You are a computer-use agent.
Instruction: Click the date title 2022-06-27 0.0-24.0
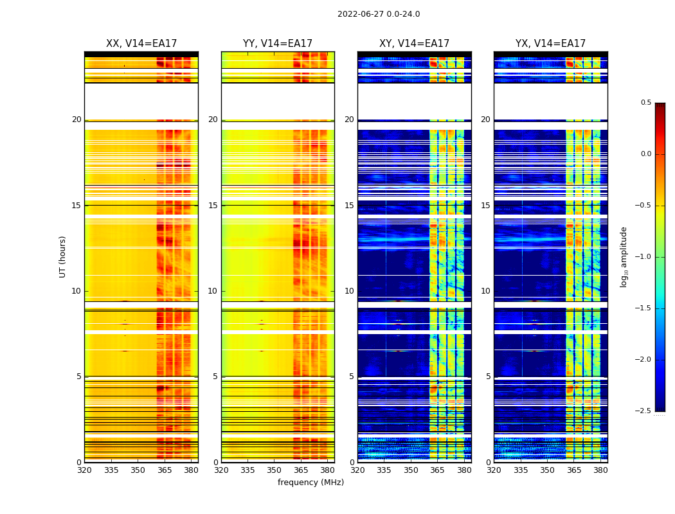pyautogui.click(x=379, y=14)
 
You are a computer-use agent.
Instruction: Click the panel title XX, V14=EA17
pyautogui.click(x=141, y=44)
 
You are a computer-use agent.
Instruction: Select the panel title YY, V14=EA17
pyautogui.click(x=278, y=44)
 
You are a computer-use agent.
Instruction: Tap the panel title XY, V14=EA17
pyautogui.click(x=414, y=44)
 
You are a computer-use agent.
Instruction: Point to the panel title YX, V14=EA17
pyautogui.click(x=550, y=44)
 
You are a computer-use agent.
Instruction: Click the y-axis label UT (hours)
pyautogui.click(x=63, y=256)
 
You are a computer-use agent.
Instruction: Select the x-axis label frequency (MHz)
pyautogui.click(x=310, y=483)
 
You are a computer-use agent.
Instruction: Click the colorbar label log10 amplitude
pyautogui.click(x=624, y=256)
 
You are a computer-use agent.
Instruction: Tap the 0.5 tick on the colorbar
pyautogui.click(x=645, y=103)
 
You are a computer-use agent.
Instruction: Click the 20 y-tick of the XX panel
pyautogui.click(x=76, y=120)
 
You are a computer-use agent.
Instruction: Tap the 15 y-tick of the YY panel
pyautogui.click(x=213, y=206)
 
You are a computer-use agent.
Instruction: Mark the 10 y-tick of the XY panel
pyautogui.click(x=349, y=291)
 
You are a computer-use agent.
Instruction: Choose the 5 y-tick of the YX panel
pyautogui.click(x=488, y=377)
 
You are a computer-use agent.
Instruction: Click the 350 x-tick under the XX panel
pyautogui.click(x=138, y=470)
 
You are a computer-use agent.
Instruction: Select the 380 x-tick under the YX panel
pyautogui.click(x=600, y=470)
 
